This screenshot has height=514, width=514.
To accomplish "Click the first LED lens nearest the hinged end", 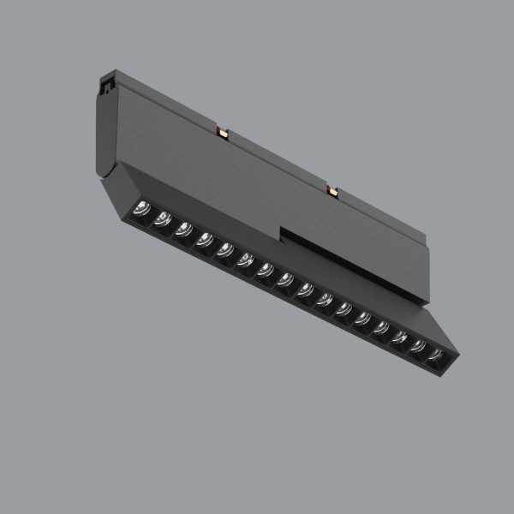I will tap(142, 209).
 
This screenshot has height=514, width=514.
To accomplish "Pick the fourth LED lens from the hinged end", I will tap(204, 240).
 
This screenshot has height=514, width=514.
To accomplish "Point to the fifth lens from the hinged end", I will tap(224, 250).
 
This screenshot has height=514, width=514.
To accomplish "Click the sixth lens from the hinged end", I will tap(245, 260).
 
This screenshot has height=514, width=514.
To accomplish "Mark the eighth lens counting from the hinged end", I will tap(285, 280).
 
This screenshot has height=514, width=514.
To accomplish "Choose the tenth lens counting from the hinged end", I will tap(325, 300).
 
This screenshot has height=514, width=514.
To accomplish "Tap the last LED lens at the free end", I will tap(436, 354).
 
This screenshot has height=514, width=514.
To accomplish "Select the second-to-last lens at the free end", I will tap(418, 345).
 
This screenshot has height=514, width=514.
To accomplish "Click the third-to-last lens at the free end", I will tap(400, 337).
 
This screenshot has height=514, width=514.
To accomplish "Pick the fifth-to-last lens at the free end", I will tap(362, 319).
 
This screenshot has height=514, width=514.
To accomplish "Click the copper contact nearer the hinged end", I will tap(223, 133).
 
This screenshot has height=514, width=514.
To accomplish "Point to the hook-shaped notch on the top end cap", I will tap(105, 86).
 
